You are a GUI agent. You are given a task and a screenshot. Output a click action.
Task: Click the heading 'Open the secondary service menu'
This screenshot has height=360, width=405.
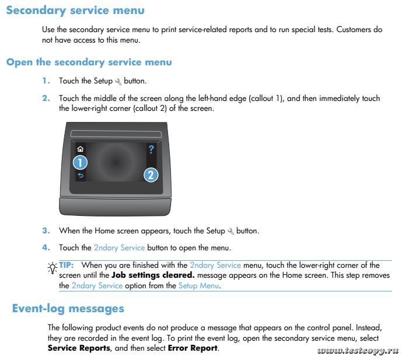pos(89,62)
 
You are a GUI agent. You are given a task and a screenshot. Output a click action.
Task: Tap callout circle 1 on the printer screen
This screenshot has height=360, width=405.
pos(81,163)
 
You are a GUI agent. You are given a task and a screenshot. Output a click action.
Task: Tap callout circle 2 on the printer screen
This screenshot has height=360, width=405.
pos(151,174)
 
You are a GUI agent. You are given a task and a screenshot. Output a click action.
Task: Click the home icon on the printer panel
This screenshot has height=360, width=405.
pos(81,149)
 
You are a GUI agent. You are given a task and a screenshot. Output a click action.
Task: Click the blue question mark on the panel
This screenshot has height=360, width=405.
pos(151,149)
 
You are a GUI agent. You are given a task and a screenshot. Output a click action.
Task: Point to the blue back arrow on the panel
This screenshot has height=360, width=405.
pos(81,176)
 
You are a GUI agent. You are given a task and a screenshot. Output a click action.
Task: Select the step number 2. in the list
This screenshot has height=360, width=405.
pos(46,98)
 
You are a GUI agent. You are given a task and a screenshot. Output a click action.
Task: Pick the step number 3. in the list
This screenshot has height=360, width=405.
pos(46,231)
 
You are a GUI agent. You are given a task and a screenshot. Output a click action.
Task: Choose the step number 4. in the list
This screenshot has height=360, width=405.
pos(46,248)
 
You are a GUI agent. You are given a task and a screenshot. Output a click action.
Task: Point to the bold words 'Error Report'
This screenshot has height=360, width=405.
pos(193,349)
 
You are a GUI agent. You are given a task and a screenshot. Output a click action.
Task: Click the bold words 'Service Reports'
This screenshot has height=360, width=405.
pos(78,349)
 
